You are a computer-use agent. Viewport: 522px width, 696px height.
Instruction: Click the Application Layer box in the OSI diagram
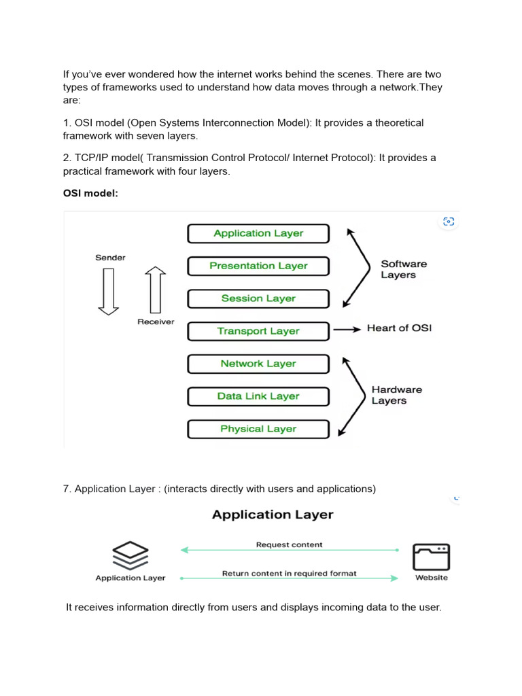click(x=258, y=234)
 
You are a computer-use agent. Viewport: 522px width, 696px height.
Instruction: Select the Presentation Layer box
click(x=258, y=266)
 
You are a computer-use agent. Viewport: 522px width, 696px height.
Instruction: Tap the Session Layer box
click(x=258, y=299)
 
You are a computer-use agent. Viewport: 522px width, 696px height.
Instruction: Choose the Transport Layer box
click(x=258, y=332)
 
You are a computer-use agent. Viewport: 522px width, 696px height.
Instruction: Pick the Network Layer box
click(x=258, y=364)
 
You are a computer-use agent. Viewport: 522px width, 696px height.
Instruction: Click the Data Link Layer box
click(x=258, y=397)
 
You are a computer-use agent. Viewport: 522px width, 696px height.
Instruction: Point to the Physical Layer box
click(x=258, y=430)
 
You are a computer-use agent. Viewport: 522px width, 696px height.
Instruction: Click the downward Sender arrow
click(x=109, y=290)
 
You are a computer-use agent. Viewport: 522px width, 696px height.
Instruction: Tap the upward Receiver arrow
click(x=156, y=290)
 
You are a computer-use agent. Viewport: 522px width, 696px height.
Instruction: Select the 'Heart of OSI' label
click(x=399, y=328)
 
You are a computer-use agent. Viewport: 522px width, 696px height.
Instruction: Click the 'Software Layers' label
click(x=403, y=269)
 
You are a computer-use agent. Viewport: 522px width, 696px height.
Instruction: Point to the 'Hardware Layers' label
click(x=396, y=395)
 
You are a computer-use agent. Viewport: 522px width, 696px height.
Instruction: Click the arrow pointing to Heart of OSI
click(x=347, y=329)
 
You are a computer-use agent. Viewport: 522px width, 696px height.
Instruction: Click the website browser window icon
click(x=432, y=557)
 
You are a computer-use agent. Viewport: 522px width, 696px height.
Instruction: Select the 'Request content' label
click(x=289, y=544)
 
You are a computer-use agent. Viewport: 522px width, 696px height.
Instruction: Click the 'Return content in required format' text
click(x=289, y=574)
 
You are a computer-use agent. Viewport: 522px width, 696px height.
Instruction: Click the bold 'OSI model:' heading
click(x=90, y=194)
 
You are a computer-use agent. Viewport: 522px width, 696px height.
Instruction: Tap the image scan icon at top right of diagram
click(x=448, y=222)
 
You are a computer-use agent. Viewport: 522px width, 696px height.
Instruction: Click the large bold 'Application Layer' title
click(x=273, y=515)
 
